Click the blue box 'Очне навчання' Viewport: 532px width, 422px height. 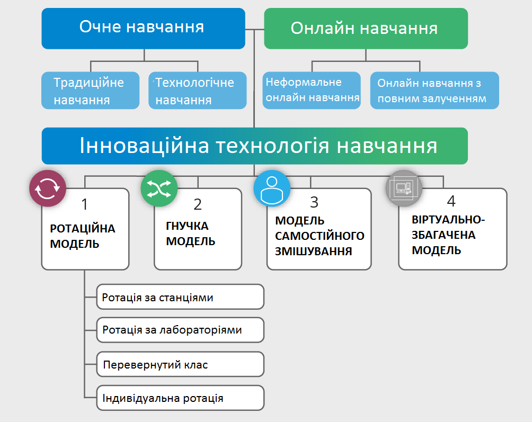(x=143, y=28)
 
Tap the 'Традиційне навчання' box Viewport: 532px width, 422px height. (x=90, y=91)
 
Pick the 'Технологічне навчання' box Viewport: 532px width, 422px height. (x=197, y=91)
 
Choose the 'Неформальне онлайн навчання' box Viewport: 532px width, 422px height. (x=312, y=90)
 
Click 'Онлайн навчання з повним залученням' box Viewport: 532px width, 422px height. (x=434, y=91)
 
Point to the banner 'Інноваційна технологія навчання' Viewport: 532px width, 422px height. (x=255, y=146)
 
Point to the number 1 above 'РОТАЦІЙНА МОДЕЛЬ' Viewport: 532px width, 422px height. (x=85, y=204)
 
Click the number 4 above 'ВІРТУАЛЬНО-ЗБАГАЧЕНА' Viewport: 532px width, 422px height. (x=451, y=202)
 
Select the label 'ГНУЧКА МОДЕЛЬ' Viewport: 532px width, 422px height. (x=191, y=234)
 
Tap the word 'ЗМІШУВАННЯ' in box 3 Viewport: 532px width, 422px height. (x=314, y=250)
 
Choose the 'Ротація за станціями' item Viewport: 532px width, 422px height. (x=180, y=297)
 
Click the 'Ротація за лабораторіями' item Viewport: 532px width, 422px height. (x=180, y=330)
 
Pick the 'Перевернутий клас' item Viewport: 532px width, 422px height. (x=180, y=365)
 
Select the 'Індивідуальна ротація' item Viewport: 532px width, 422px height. (x=180, y=398)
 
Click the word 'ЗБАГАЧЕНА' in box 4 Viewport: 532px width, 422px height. (x=444, y=235)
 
